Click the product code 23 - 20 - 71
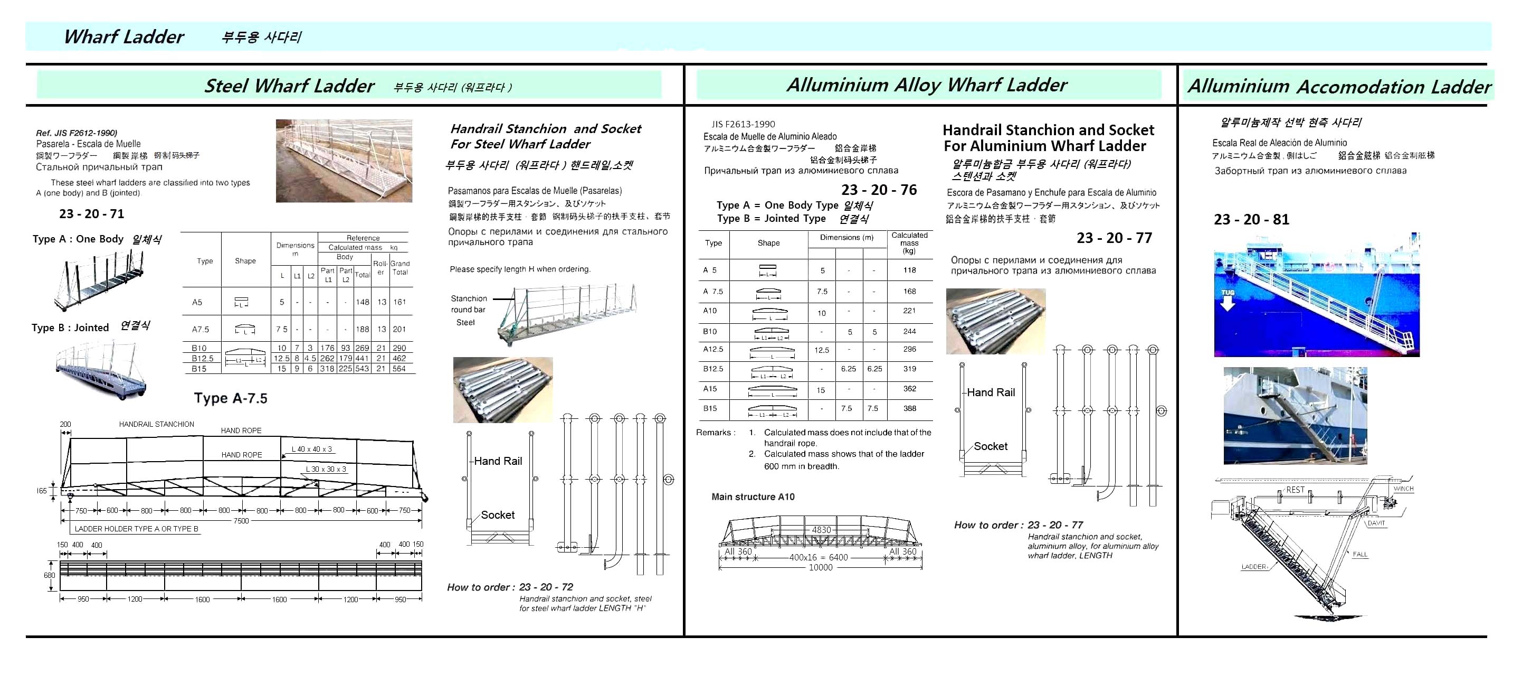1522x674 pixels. click(92, 214)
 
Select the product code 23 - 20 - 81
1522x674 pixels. click(1251, 219)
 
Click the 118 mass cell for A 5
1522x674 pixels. click(909, 270)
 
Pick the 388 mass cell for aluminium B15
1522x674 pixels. click(909, 408)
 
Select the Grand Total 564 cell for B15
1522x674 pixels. click(399, 369)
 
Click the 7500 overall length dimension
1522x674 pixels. click(241, 521)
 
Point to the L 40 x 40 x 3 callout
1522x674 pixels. click(312, 450)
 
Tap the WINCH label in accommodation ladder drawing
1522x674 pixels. click(1403, 489)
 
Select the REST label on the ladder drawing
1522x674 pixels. click(1295, 490)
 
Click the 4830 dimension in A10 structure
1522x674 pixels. click(821, 530)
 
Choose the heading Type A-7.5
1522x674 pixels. click(231, 398)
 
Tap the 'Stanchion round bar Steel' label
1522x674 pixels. click(469, 311)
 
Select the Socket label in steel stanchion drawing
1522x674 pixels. click(498, 515)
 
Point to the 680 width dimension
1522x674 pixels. click(49, 575)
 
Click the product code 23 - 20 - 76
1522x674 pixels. click(879, 190)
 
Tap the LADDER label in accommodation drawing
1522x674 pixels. click(1253, 567)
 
